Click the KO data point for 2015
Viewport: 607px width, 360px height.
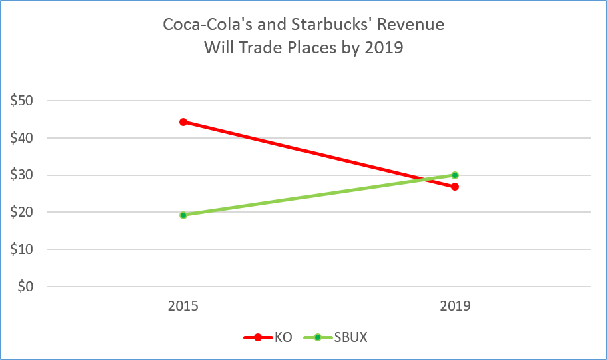point(183,122)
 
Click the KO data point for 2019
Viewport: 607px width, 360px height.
point(455,187)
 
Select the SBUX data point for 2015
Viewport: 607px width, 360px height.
point(183,215)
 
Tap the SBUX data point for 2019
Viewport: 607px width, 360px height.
point(455,175)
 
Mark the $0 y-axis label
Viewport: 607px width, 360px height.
point(25,287)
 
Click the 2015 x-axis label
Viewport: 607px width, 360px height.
point(183,307)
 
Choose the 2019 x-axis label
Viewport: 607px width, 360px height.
point(455,307)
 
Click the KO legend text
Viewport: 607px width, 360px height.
point(283,337)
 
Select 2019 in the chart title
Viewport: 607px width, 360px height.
point(384,48)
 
